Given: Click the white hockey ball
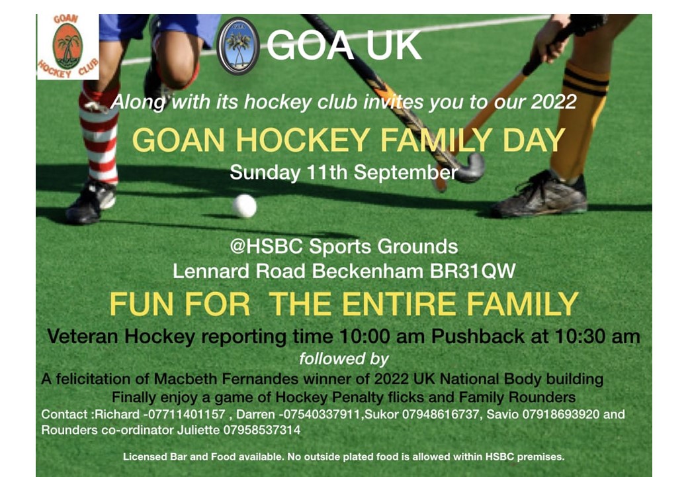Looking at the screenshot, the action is (244, 205).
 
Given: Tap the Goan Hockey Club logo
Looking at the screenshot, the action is (68, 46).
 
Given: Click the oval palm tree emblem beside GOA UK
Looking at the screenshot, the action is (238, 46).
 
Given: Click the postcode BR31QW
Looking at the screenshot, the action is (472, 271).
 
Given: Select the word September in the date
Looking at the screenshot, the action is (406, 173).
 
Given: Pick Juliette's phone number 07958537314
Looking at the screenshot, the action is (262, 429).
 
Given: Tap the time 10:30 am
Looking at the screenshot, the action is (597, 337).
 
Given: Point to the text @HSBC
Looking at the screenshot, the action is (267, 246).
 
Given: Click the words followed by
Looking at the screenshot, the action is (344, 359).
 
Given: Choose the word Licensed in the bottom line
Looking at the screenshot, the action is (143, 457).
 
